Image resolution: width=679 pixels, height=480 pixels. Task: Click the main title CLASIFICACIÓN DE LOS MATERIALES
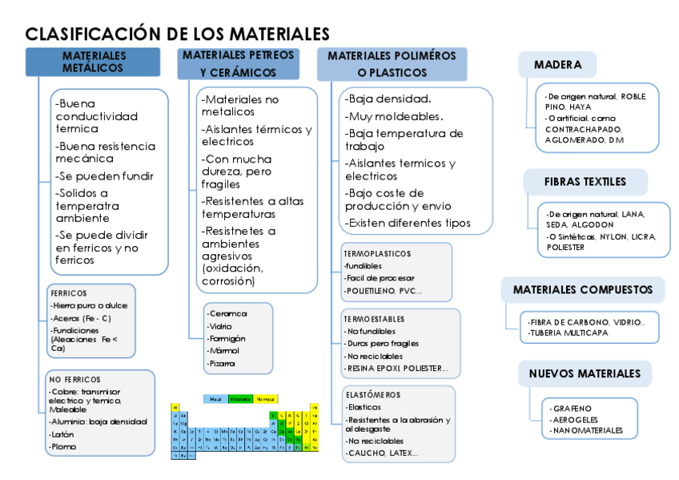177,34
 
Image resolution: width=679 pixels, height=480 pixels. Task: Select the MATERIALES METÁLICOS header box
94,63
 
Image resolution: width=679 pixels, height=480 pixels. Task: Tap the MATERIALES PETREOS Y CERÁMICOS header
238,64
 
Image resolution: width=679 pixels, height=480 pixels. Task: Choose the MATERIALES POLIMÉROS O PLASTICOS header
392,64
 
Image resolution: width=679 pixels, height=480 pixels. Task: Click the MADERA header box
558,65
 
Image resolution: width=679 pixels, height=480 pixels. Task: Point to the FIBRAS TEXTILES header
585,181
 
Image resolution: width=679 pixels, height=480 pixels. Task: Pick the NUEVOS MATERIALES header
585,373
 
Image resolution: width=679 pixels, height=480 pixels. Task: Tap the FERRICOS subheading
69,293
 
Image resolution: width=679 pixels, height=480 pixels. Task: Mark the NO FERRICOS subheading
74,378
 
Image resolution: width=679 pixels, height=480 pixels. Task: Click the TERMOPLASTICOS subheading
377,253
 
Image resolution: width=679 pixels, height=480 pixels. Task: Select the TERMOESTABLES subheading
375,319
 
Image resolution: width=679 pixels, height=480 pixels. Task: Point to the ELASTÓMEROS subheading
373,395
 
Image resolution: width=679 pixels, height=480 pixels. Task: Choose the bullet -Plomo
64,446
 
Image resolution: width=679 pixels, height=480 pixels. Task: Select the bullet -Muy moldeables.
393,116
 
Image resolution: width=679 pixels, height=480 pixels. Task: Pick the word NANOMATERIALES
586,430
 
